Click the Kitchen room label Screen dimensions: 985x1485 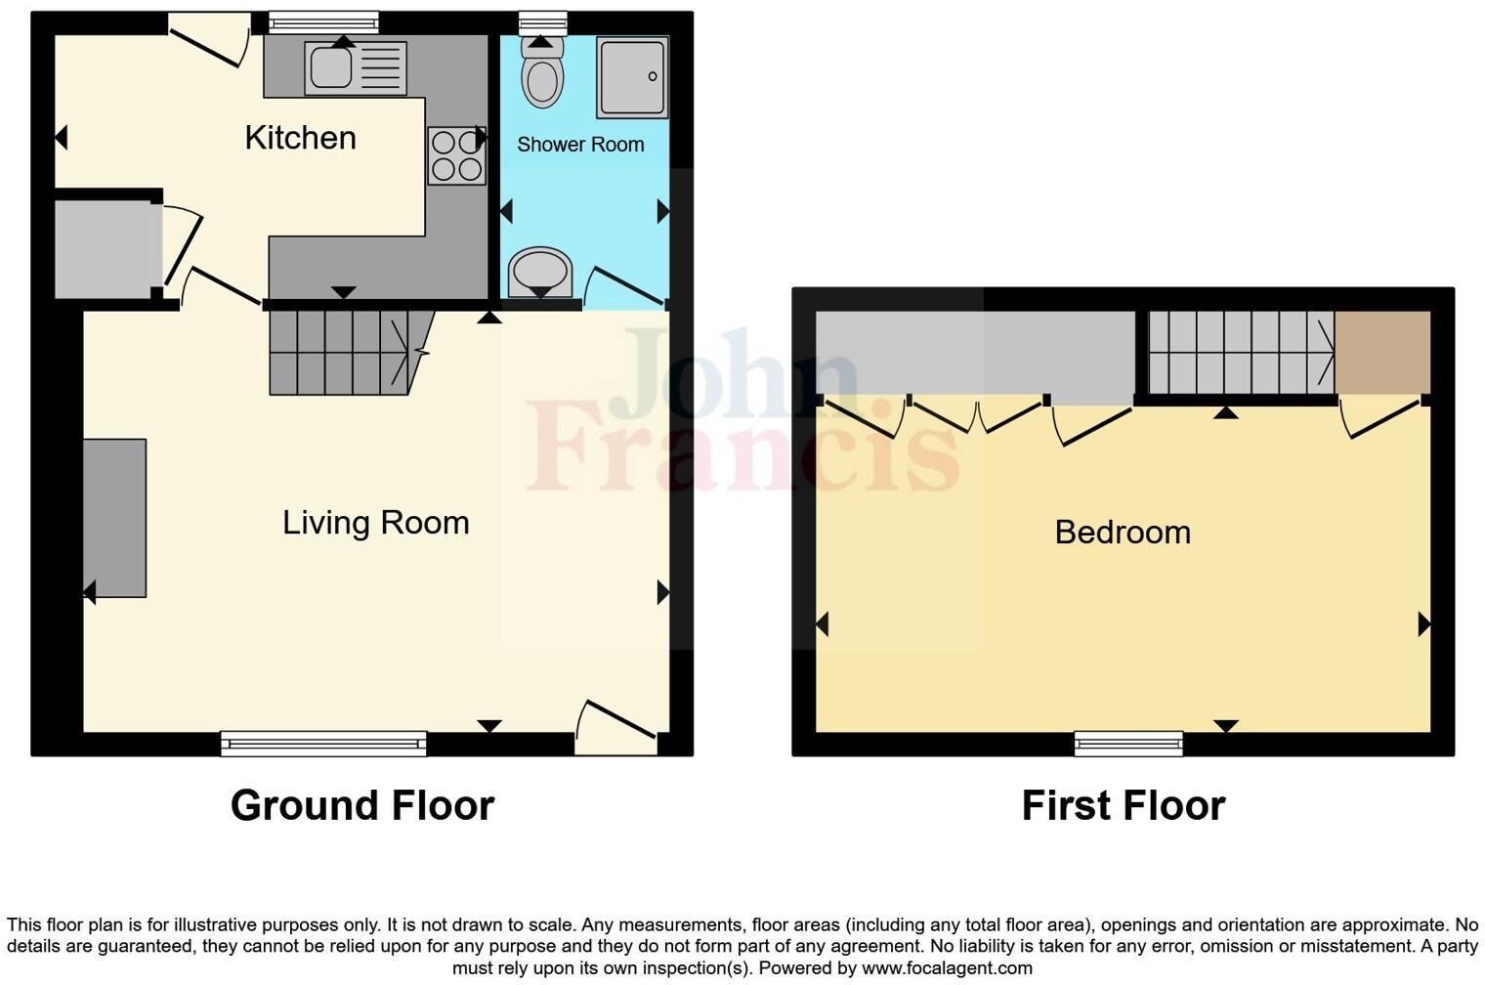coord(300,138)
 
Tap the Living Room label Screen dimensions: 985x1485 coord(375,523)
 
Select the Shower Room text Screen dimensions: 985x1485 coord(580,145)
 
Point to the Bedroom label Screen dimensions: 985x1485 coord(1123,533)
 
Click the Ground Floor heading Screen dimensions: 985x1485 coord(361,806)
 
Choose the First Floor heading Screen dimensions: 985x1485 coord(1123,806)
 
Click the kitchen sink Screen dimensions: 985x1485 coord(331,67)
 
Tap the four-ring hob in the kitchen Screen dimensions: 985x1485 coord(456,156)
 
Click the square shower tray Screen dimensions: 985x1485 coord(632,77)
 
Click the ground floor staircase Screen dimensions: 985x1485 coord(342,352)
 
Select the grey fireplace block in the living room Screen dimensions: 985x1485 coord(114,518)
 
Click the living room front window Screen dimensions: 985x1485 coord(323,744)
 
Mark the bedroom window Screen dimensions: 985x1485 coord(1128,744)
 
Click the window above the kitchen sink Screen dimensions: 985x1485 coord(323,22)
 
